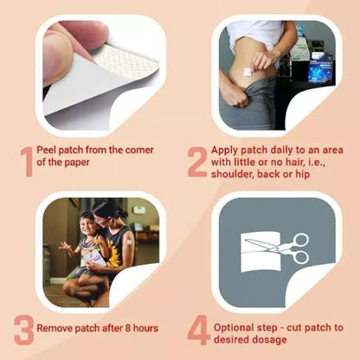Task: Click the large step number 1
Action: pos(27,162)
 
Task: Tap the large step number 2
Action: pos(197,162)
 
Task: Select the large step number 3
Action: pos(23,331)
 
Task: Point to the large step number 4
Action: pos(198,331)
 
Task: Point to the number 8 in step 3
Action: pos(128,328)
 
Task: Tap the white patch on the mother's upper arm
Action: pos(128,241)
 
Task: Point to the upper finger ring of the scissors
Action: pos(301,241)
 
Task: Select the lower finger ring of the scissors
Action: pos(300,257)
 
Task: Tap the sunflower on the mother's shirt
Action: pos(113,254)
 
